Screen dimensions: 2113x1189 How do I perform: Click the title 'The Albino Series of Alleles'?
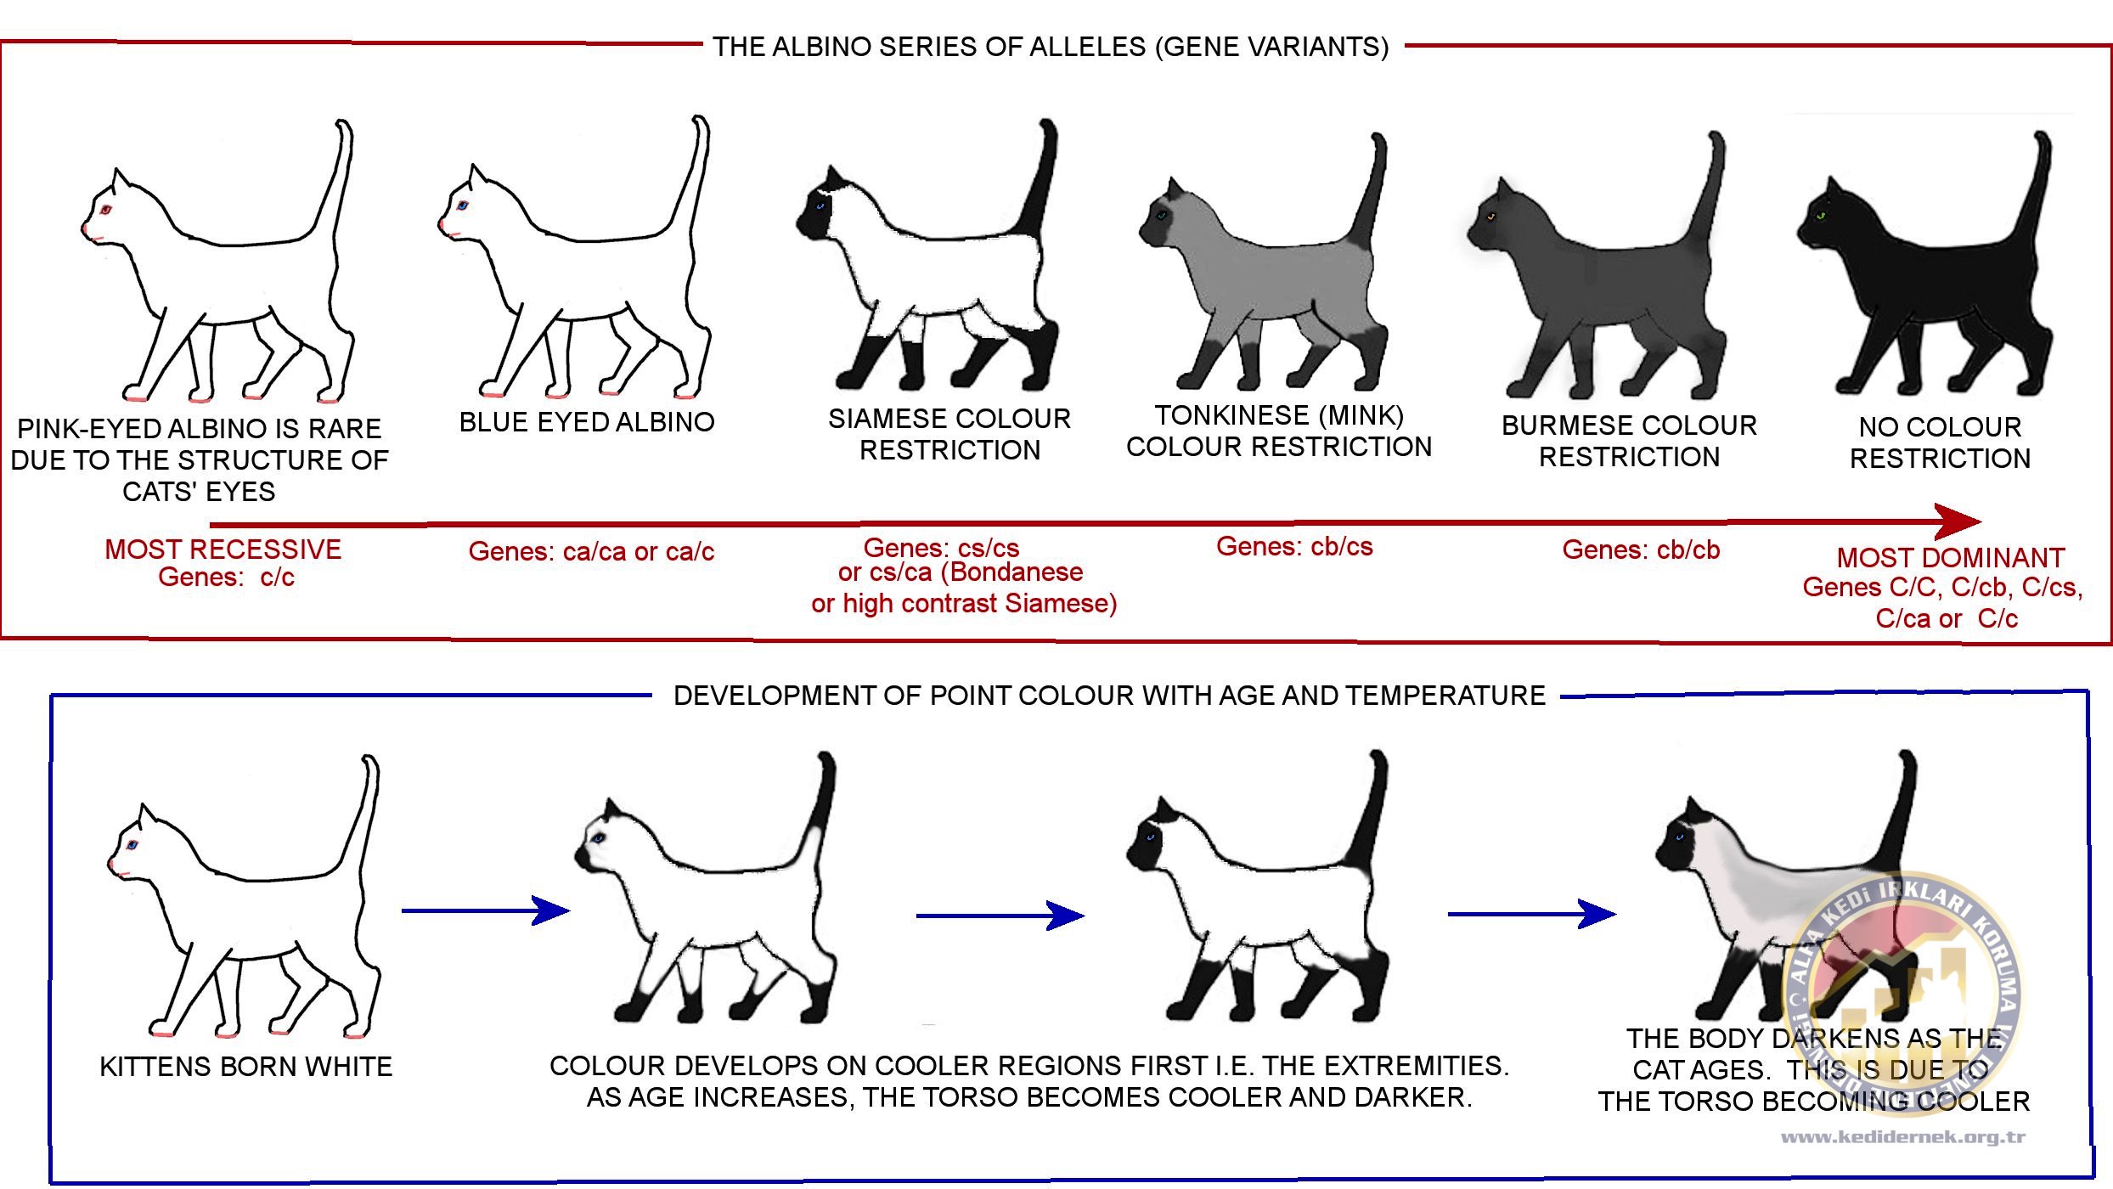(1051, 47)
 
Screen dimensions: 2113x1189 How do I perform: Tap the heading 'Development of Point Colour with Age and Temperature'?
(1108, 696)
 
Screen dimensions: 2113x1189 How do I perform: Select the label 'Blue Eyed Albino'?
(587, 422)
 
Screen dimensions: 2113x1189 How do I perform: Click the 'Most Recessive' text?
(223, 549)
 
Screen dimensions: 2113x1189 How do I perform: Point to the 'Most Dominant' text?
(1950, 558)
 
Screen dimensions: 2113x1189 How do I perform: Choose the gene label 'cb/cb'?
(1688, 550)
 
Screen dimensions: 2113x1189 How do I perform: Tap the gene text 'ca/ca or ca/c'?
(639, 552)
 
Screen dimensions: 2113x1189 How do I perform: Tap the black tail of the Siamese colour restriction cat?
(1038, 183)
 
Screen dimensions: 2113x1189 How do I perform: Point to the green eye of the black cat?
(1821, 216)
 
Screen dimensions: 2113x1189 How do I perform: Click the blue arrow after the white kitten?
(485, 910)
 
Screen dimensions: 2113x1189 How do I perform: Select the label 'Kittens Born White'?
(246, 1067)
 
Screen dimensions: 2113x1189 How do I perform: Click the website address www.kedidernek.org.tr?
(1903, 1137)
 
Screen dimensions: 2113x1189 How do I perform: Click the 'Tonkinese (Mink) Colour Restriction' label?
(1279, 431)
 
